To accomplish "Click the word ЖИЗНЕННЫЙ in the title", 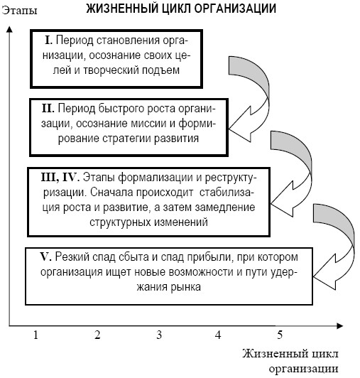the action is coord(115,9).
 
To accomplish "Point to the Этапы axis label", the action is coord(19,11).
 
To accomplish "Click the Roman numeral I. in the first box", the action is coord(49,40).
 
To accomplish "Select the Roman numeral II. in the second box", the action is coord(48,108).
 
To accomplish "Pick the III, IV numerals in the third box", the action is coord(59,178).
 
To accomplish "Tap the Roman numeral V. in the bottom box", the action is coord(45,256).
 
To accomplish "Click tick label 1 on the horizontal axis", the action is coord(36,335).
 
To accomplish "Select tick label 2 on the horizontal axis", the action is coord(97,335).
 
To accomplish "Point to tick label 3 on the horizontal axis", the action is coord(159,335).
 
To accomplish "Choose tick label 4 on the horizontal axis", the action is coord(218,335).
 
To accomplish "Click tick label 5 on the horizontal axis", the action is coord(280,335).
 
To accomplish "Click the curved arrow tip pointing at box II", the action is coord(229,129).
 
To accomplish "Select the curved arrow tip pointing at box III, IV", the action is coord(271,204).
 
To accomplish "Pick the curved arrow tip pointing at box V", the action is coord(314,277).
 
